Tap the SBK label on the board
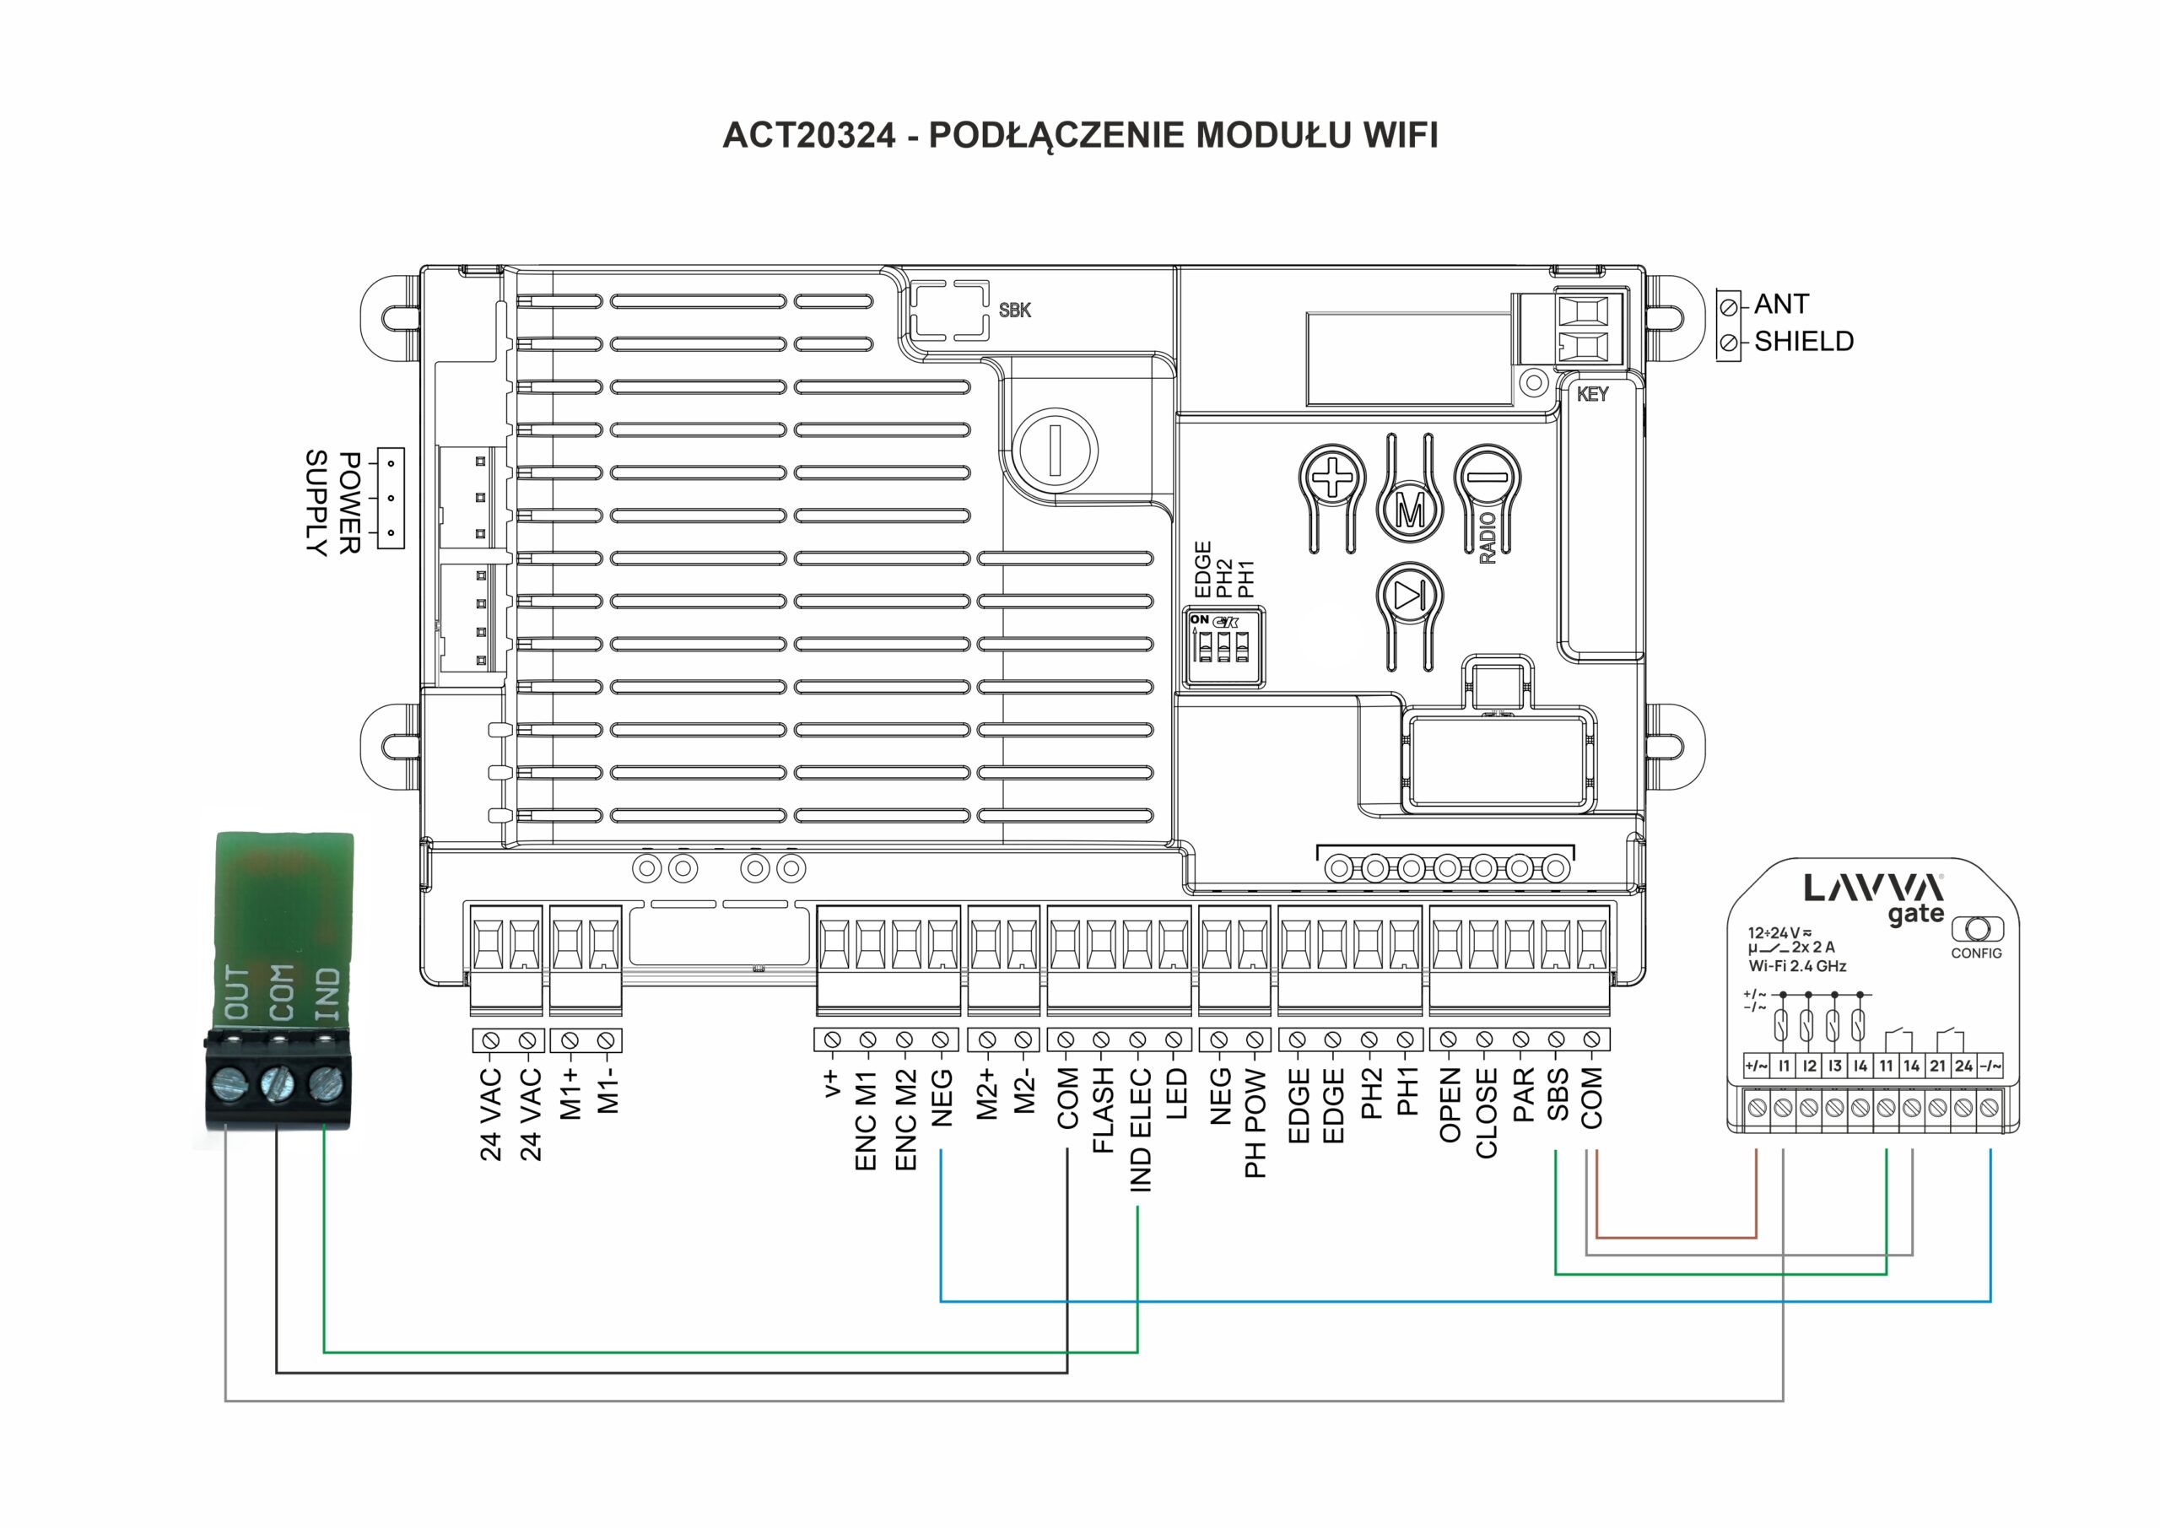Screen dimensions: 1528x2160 pos(1014,310)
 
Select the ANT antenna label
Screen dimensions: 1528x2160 pos(1781,304)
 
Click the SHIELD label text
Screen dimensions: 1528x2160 pos(1803,341)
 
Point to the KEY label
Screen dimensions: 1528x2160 pos(1592,394)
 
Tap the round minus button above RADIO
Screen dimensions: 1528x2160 pos(1487,477)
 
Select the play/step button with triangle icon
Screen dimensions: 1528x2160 pos(1409,596)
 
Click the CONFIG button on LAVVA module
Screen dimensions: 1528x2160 pos(1977,930)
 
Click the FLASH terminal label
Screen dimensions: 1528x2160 pos(1103,1110)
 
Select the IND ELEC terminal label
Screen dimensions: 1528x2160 pos(1140,1129)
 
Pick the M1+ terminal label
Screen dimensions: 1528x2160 pos(570,1093)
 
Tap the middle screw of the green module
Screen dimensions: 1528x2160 pos(278,1083)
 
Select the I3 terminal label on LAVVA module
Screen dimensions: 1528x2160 pos(1834,1066)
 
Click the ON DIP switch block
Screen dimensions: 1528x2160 pos(1222,645)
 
